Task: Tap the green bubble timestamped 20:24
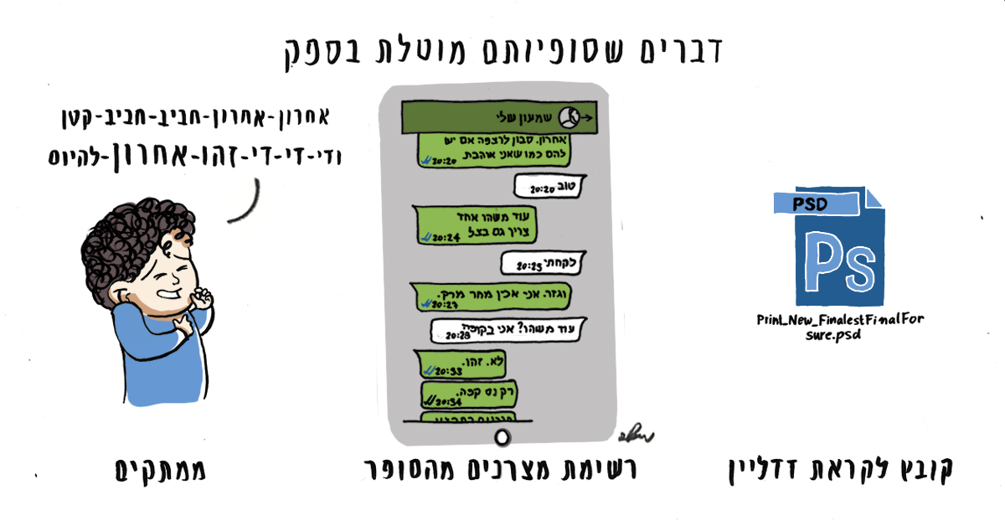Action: [x=457, y=225]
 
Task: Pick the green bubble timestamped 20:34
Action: [x=451, y=394]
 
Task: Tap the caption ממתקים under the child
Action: [x=160, y=471]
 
